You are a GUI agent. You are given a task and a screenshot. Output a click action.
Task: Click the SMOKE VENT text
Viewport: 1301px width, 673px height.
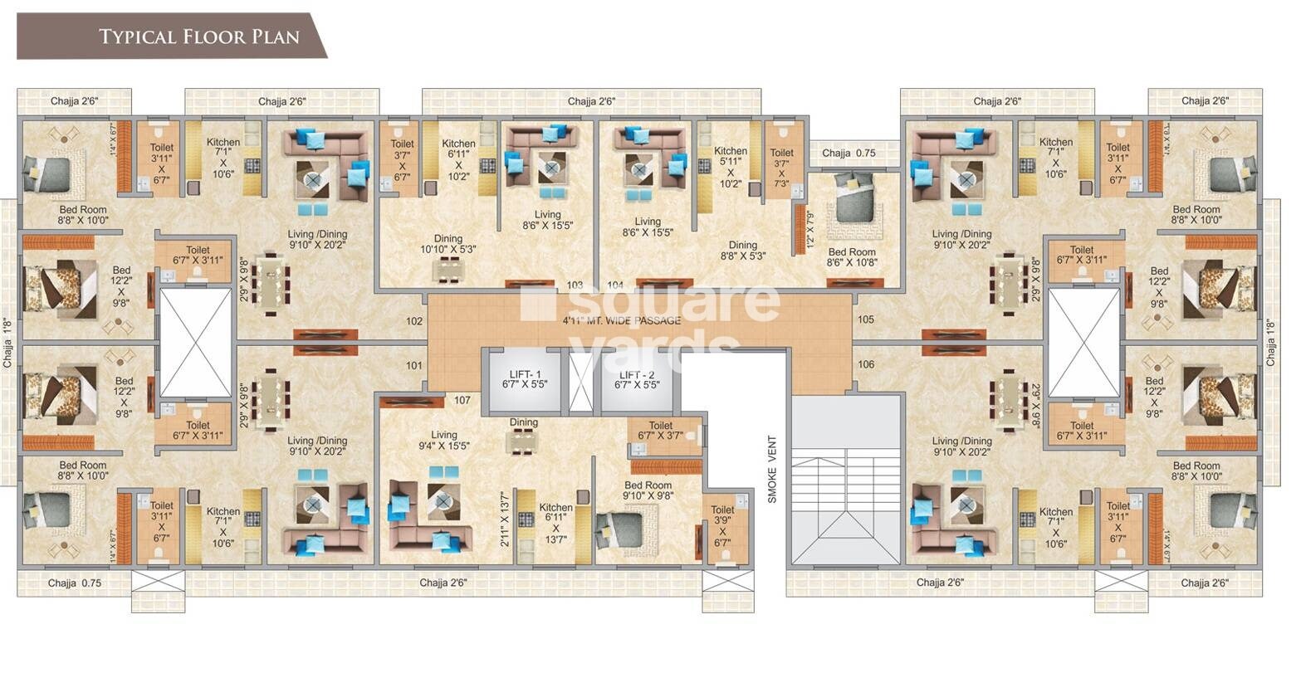point(771,470)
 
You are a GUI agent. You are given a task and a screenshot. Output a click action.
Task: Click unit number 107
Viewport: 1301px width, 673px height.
point(462,400)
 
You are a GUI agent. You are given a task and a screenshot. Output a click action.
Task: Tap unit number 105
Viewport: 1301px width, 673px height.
point(865,319)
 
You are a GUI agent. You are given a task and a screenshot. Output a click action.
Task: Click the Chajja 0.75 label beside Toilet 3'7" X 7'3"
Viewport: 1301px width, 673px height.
point(853,153)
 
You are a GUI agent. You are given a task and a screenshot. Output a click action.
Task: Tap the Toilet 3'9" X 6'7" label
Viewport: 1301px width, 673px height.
point(722,526)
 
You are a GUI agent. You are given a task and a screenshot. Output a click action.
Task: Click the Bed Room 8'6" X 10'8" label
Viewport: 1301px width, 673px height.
point(851,257)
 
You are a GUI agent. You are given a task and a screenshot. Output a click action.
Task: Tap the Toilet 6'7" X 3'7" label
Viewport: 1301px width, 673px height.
point(660,432)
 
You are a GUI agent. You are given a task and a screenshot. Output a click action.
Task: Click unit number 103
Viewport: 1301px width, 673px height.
point(575,285)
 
